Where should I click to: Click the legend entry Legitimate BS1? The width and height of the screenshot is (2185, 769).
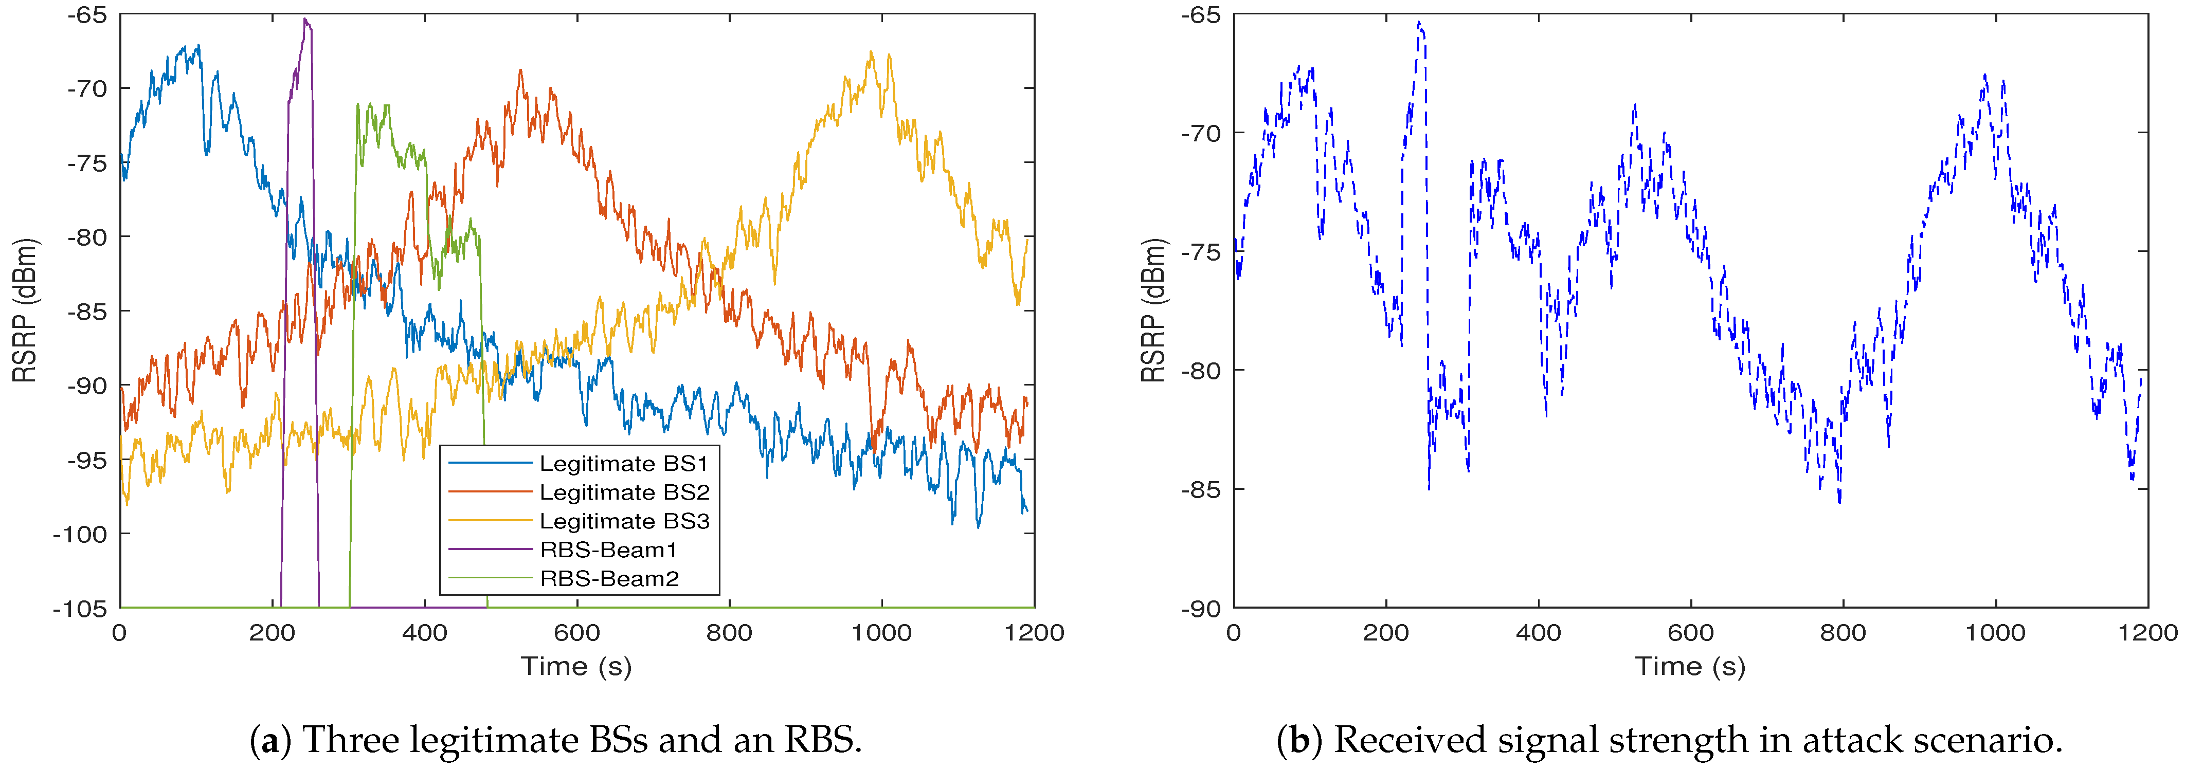[623, 464]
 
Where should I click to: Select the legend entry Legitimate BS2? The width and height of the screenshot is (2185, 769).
[623, 492]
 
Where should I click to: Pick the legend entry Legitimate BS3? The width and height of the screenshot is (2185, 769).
[623, 521]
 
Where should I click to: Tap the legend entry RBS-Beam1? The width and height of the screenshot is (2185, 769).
[608, 550]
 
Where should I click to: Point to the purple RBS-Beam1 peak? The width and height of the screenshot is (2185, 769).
[305, 20]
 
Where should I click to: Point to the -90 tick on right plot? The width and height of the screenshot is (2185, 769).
[1200, 609]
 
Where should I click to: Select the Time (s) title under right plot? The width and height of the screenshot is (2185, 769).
[1690, 666]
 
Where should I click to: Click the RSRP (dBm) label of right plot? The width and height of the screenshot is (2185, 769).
[1153, 310]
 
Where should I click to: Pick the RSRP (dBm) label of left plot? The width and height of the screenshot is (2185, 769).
[25, 310]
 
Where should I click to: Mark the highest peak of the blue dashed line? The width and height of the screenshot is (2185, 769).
[1418, 23]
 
